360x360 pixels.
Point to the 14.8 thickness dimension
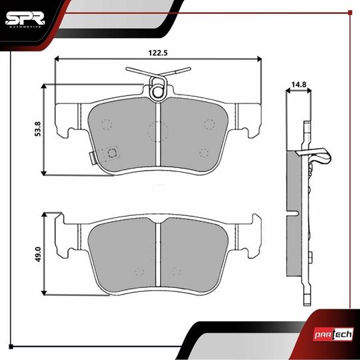coord(298,85)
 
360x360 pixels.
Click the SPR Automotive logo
coord(25,18)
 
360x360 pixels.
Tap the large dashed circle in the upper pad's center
coord(157,131)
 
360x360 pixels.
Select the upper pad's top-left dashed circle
coord(106,124)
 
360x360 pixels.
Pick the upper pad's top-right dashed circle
coord(209,124)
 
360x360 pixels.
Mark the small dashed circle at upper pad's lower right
coord(204,152)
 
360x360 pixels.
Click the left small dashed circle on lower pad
coord(139,271)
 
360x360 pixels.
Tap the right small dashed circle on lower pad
coord(177,271)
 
